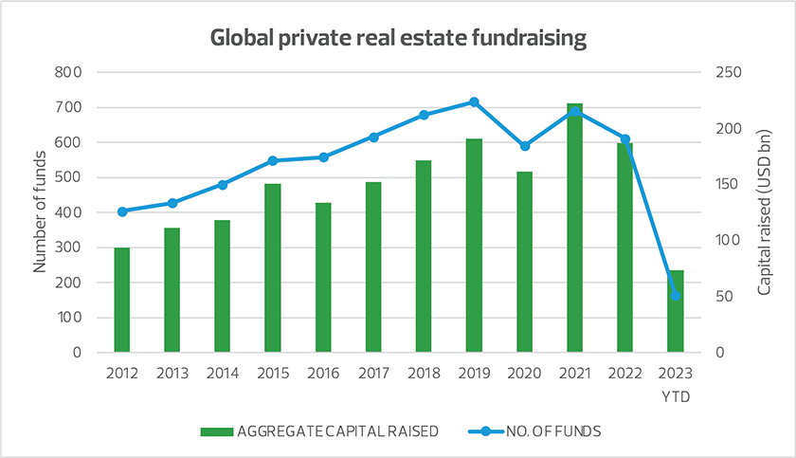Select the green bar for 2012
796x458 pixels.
(x=122, y=300)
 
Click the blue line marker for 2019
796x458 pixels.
(x=474, y=102)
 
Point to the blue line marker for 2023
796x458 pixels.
(x=675, y=296)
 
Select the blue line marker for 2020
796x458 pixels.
(x=524, y=146)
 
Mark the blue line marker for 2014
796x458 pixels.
(x=223, y=185)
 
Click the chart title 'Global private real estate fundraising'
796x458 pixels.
(x=398, y=39)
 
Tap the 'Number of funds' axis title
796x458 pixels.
(x=40, y=212)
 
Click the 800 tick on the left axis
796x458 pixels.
(x=70, y=72)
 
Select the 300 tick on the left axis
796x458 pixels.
(x=70, y=247)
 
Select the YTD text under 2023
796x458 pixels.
(x=675, y=395)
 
